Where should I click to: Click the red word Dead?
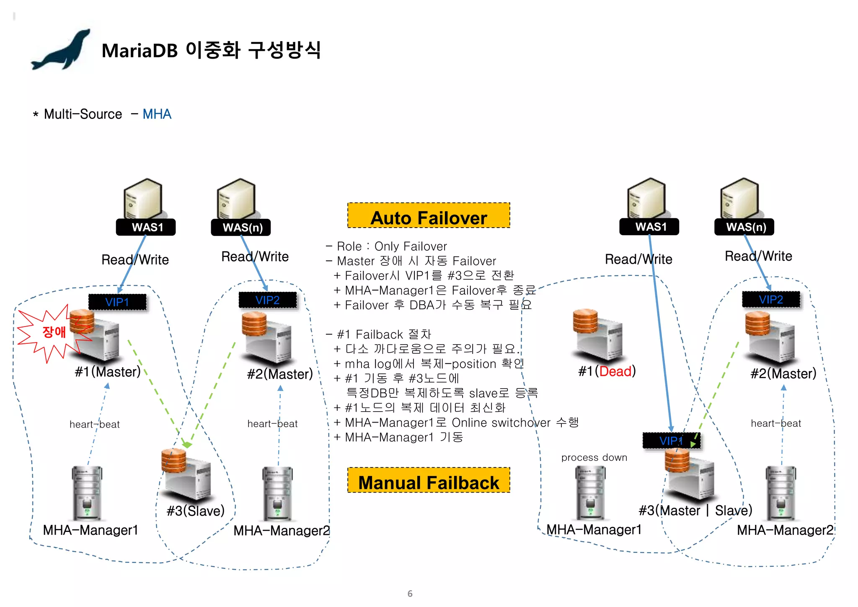pyautogui.click(x=615, y=371)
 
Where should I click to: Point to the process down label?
pyautogui.click(x=594, y=458)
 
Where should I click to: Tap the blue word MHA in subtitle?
pyautogui.click(x=157, y=114)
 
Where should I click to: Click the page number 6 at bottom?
pyautogui.click(x=410, y=594)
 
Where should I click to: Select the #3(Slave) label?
pyautogui.click(x=196, y=511)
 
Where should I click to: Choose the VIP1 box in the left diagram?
pyautogui.click(x=117, y=302)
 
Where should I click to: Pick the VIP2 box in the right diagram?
pyautogui.click(x=771, y=300)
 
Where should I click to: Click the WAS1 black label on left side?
pyautogui.click(x=146, y=227)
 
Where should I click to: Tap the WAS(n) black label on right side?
pyautogui.click(x=744, y=227)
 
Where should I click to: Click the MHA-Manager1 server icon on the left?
pyautogui.click(x=87, y=493)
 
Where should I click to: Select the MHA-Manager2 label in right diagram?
pyautogui.click(x=785, y=530)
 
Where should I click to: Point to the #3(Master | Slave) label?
pyautogui.click(x=695, y=511)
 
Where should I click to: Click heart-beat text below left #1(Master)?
pyautogui.click(x=95, y=425)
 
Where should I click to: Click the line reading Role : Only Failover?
pyautogui.click(x=386, y=246)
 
